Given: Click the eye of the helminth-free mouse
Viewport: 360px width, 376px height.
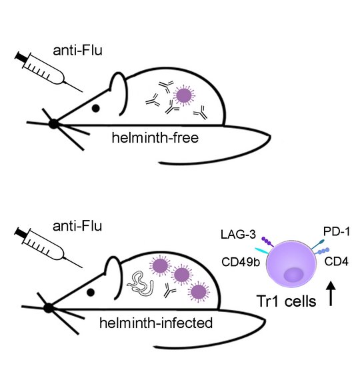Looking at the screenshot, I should click(96, 108).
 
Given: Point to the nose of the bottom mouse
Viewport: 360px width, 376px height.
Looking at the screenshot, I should click(48, 307).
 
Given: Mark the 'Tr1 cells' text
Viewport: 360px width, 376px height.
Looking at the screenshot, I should click(283, 300).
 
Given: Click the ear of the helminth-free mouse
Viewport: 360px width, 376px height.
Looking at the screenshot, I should click(117, 86).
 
